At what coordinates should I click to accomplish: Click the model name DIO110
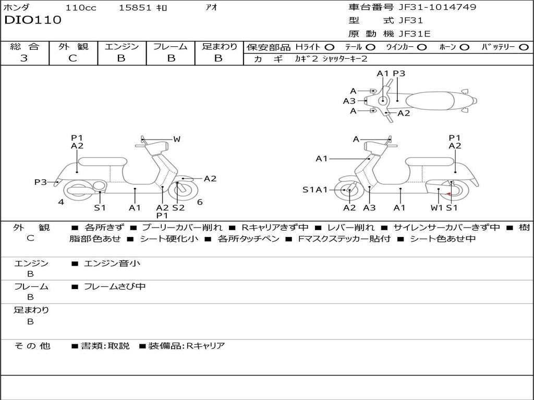[33, 20]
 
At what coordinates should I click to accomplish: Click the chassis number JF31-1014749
[438, 7]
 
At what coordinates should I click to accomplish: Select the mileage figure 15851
[135, 7]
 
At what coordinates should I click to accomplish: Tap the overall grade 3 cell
[24, 58]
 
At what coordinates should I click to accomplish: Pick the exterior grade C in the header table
[72, 58]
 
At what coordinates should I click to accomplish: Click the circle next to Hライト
[330, 47]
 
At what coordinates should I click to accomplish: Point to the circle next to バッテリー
[524, 47]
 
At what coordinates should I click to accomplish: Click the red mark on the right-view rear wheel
[449, 194]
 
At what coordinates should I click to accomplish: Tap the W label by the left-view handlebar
[177, 139]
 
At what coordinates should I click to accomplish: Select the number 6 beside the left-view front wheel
[200, 202]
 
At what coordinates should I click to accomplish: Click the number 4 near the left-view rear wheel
[61, 202]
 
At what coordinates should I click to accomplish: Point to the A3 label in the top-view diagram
[349, 101]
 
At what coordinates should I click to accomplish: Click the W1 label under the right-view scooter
[436, 207]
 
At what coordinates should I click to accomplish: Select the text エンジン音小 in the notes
[112, 263]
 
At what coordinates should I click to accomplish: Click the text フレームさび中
[115, 287]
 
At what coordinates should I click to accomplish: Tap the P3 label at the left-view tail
[41, 182]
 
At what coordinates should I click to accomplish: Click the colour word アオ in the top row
[212, 7]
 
